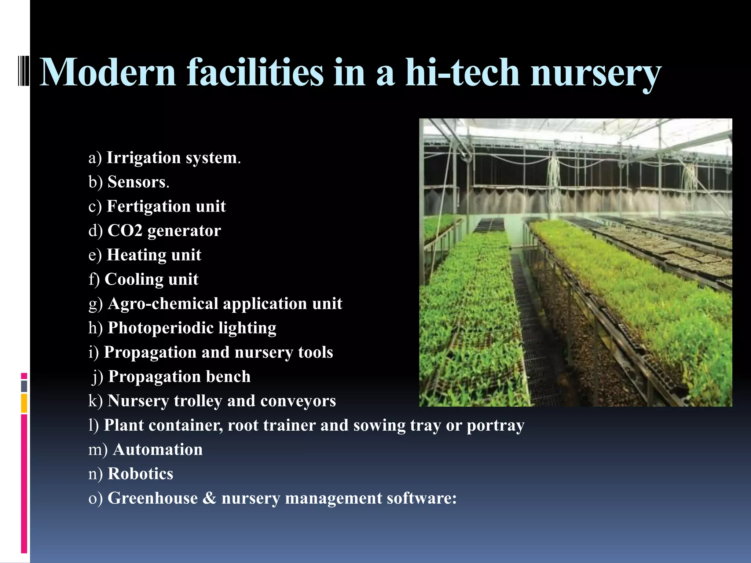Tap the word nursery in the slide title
(596, 73)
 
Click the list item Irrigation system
(165, 158)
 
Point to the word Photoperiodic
(161, 328)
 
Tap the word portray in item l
(495, 426)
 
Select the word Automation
(158, 450)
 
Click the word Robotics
(140, 474)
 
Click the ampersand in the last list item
(209, 498)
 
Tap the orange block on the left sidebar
(24, 403)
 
